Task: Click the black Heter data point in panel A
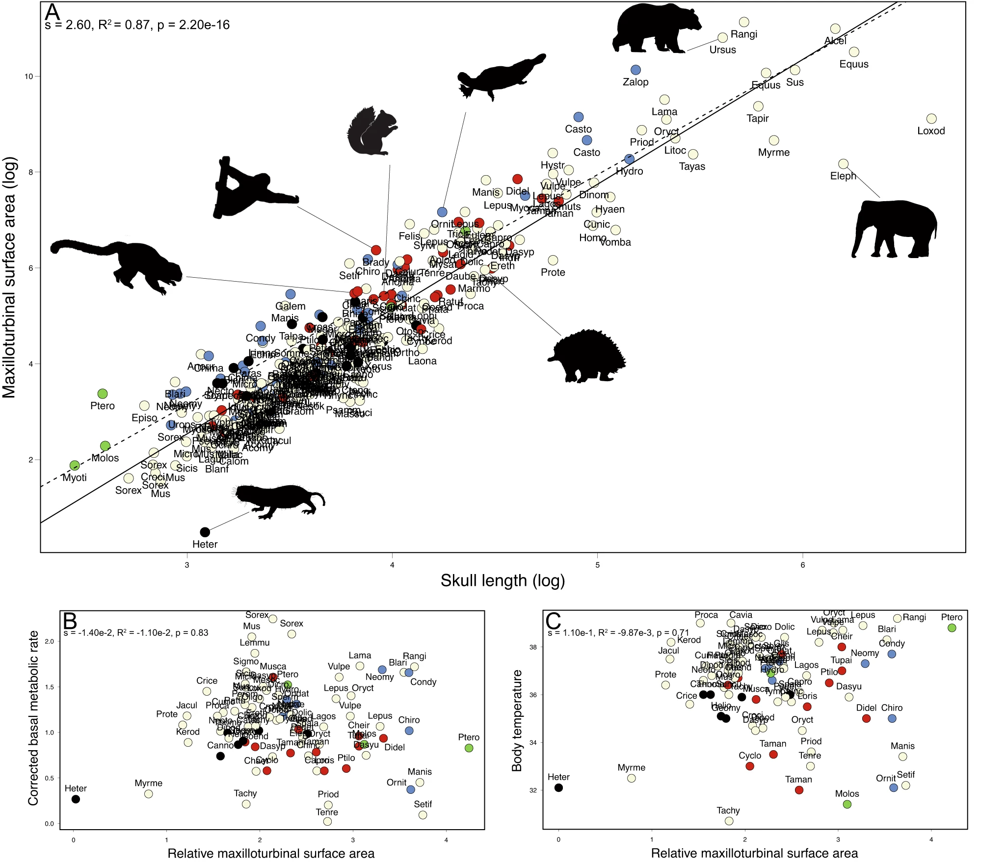[x=205, y=532]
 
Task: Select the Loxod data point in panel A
[x=931, y=119]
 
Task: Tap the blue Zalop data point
[x=635, y=70]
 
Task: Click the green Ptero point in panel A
[x=103, y=393]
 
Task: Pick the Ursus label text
[x=722, y=50]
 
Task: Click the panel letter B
[x=70, y=621]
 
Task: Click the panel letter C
[x=553, y=621]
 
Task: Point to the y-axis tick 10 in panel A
[x=29, y=77]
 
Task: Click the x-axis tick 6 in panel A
[x=803, y=565]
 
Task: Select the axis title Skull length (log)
[x=503, y=581]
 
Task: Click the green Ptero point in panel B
[x=469, y=748]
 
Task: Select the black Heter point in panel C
[x=558, y=788]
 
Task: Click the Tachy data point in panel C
[x=729, y=821]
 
